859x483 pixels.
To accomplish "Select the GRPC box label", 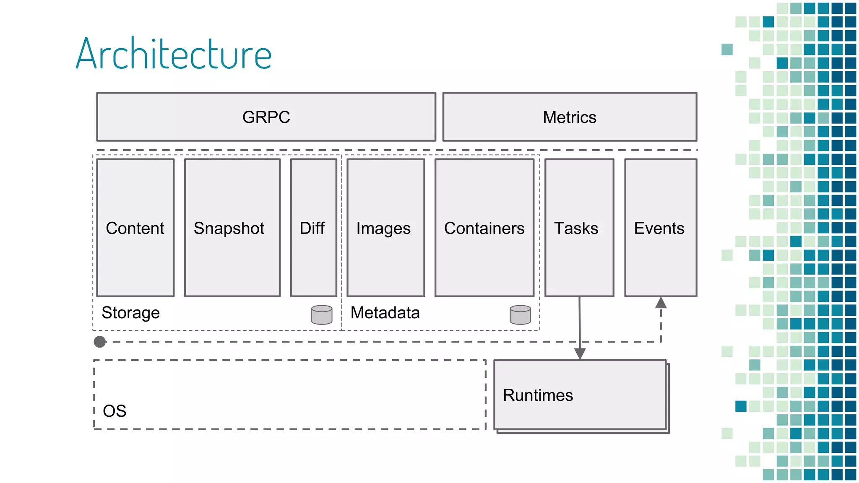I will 266,117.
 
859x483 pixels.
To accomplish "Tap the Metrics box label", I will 569,117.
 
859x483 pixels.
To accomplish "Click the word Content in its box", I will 135,228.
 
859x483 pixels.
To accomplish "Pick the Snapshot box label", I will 229,228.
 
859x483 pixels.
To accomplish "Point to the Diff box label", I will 312,228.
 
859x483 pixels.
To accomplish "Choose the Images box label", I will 383,229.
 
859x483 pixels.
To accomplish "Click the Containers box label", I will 484,228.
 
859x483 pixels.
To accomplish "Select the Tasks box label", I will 576,228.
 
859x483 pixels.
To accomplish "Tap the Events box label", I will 659,228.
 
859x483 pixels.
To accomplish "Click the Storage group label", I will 130,313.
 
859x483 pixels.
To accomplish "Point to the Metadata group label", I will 385,313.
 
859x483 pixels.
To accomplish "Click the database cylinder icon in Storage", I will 322,315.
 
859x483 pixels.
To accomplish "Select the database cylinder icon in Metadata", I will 520,315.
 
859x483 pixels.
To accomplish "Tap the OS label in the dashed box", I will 115,411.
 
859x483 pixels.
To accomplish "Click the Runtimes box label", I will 538,395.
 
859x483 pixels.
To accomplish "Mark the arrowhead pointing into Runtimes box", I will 580,353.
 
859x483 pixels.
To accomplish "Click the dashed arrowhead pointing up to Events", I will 661,303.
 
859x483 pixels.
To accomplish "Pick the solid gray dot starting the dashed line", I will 100,342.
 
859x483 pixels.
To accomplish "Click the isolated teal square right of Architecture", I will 727,49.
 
